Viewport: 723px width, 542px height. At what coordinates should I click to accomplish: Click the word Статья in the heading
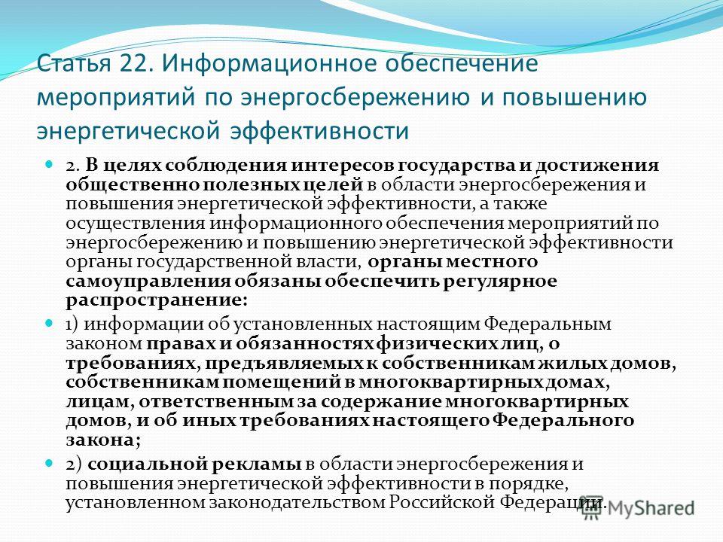[x=75, y=63]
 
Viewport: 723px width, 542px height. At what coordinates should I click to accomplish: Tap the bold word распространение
[x=154, y=301]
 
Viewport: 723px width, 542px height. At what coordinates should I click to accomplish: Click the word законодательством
[x=297, y=502]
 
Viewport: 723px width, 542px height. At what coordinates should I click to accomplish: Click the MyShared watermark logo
[x=638, y=508]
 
